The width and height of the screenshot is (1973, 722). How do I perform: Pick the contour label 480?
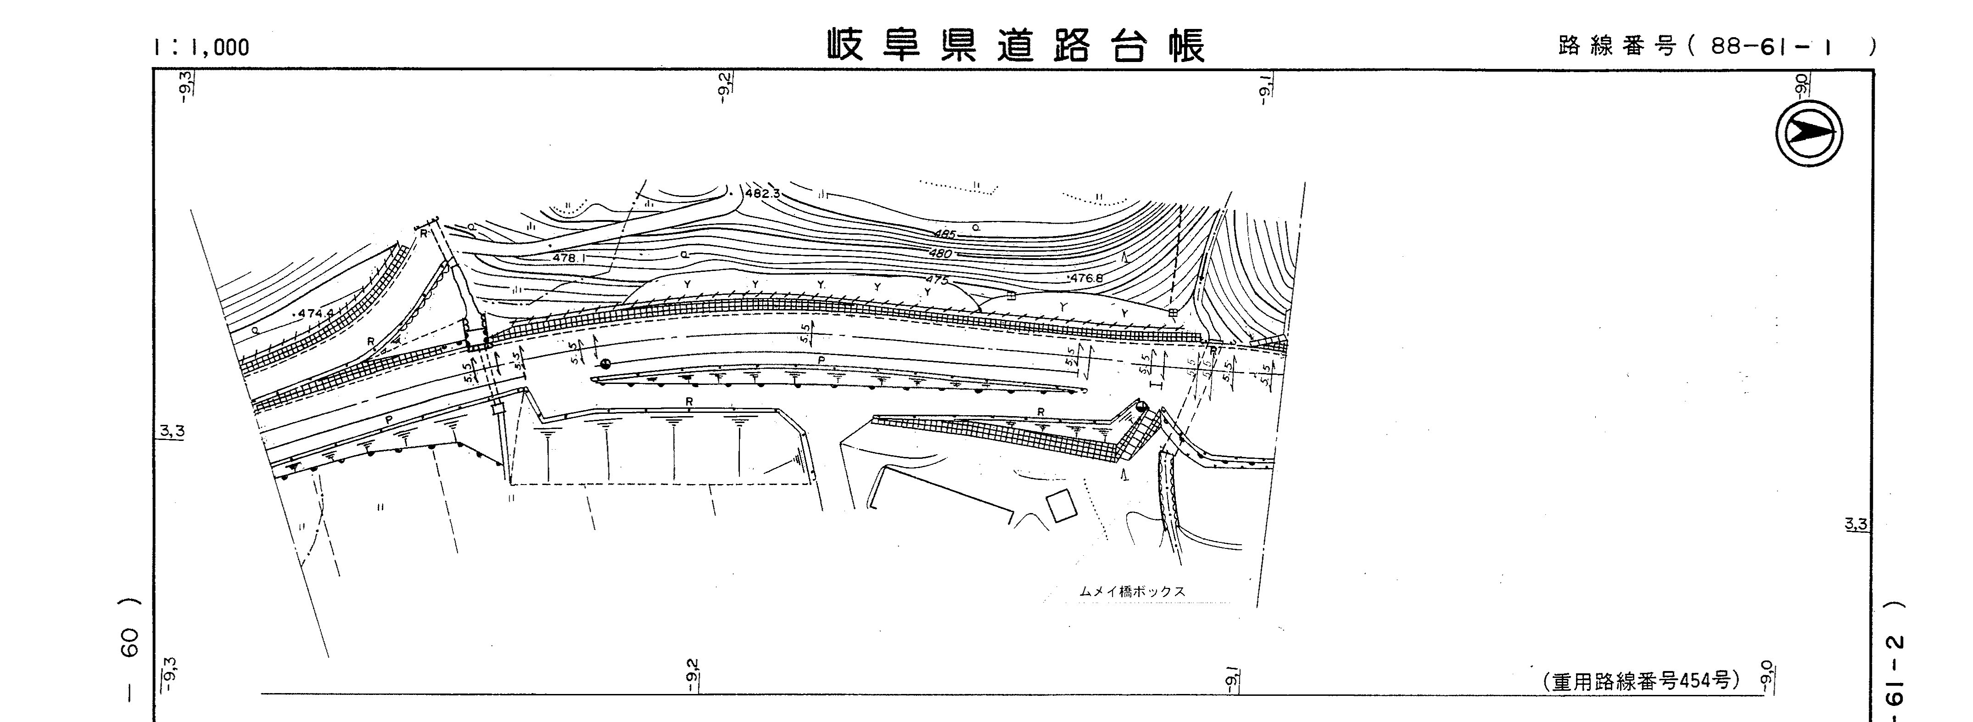click(x=940, y=254)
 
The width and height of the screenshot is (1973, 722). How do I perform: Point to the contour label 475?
click(x=937, y=280)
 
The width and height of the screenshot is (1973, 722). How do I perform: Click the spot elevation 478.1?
click(x=568, y=258)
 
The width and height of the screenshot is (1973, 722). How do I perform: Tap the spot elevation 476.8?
click(x=1086, y=278)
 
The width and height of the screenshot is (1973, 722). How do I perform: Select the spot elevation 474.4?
click(x=316, y=314)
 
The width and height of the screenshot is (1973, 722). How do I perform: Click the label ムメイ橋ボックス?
click(x=1132, y=592)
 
